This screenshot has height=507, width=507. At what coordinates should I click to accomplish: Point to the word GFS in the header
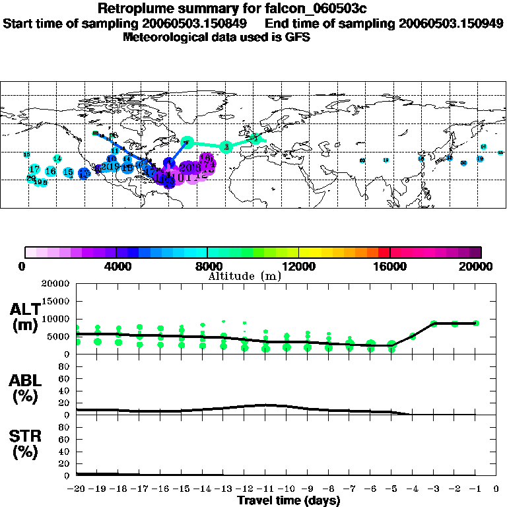pos(296,37)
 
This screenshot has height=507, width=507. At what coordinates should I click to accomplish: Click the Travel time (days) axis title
pos(289,500)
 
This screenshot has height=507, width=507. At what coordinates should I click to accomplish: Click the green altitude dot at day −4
pos(413,336)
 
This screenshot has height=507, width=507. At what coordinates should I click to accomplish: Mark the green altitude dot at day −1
pos(476,323)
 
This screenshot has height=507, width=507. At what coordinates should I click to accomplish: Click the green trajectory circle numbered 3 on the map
pos(226,146)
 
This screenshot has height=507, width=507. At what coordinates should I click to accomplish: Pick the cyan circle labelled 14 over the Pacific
pos(57,158)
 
